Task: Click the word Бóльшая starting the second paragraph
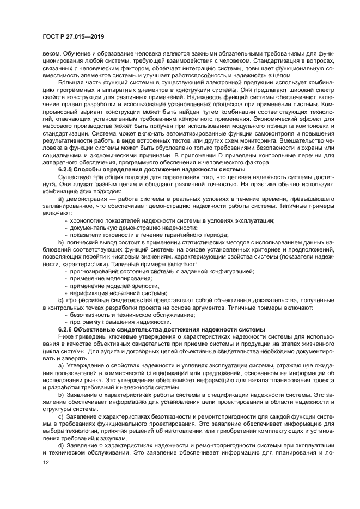tap(70, 82)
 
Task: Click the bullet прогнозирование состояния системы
tap(162, 271)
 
